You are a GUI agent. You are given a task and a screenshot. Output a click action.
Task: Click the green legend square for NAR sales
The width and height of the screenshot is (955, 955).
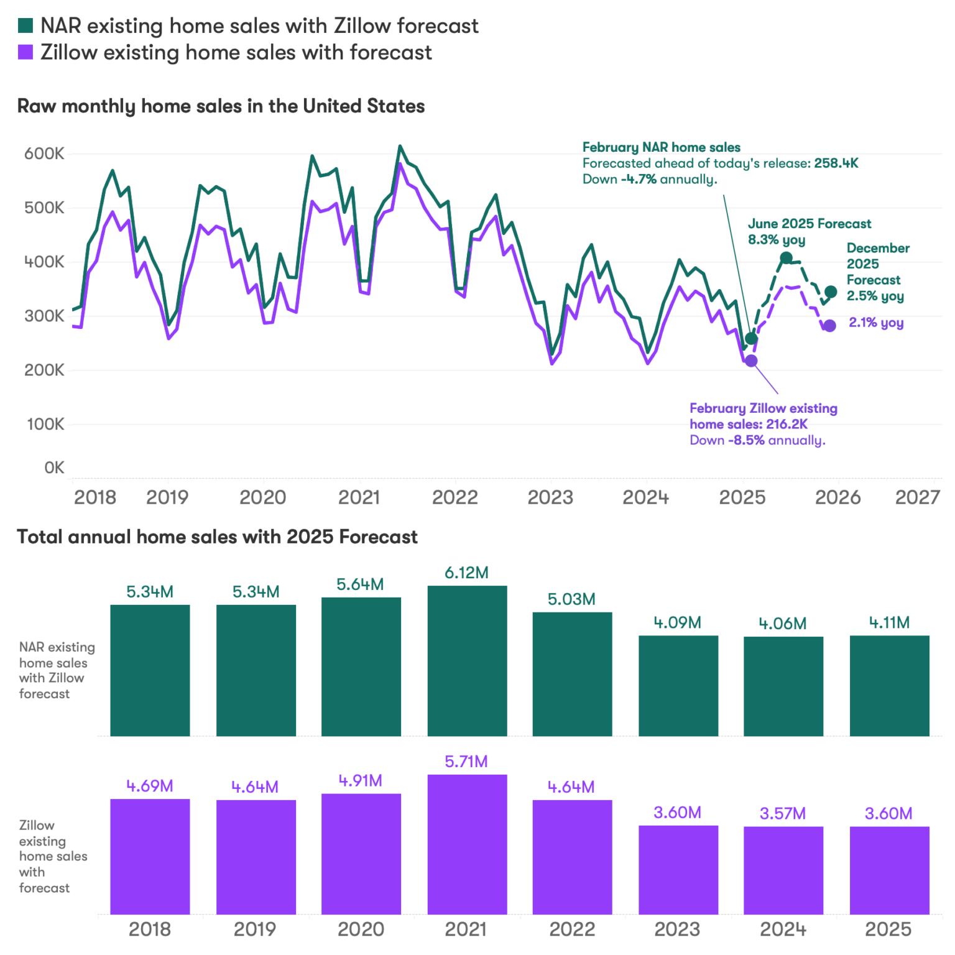pyautogui.click(x=25, y=25)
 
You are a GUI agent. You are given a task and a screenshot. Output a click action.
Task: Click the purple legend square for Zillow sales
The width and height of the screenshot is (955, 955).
pyautogui.click(x=25, y=52)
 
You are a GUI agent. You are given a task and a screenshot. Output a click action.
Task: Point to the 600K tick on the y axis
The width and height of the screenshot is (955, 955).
pyautogui.click(x=44, y=154)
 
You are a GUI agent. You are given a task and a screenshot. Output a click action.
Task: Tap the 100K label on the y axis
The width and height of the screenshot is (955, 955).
pyautogui.click(x=45, y=424)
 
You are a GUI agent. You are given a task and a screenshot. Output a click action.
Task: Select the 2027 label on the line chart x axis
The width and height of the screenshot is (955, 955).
pyautogui.click(x=916, y=497)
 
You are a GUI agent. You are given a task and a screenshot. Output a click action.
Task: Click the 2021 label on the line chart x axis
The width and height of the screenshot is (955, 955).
pyautogui.click(x=359, y=497)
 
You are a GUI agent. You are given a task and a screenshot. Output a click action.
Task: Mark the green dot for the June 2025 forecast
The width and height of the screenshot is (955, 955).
pyautogui.click(x=786, y=257)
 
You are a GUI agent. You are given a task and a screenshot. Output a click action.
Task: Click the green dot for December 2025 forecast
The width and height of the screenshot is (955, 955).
pyautogui.click(x=831, y=292)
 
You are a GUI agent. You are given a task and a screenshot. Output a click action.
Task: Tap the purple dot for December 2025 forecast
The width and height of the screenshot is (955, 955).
pyautogui.click(x=829, y=326)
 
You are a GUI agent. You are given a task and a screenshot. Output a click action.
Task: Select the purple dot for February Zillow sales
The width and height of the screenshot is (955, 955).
pyautogui.click(x=751, y=361)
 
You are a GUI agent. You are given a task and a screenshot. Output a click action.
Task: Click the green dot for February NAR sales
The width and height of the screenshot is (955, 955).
pyautogui.click(x=751, y=338)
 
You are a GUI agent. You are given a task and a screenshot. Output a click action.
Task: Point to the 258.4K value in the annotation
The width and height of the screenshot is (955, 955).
pyautogui.click(x=836, y=163)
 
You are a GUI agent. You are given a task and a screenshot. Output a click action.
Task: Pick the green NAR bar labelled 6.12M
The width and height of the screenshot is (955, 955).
pyautogui.click(x=467, y=660)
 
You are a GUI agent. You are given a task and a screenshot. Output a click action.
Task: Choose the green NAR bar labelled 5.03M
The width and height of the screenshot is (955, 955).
pyautogui.click(x=572, y=674)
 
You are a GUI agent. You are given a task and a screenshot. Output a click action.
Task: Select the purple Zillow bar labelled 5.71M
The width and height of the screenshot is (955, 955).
pyautogui.click(x=467, y=844)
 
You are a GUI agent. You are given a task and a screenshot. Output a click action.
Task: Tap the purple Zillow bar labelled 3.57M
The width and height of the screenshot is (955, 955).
pyautogui.click(x=783, y=870)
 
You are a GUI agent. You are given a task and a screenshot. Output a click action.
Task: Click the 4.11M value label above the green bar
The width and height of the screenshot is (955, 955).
pyautogui.click(x=889, y=622)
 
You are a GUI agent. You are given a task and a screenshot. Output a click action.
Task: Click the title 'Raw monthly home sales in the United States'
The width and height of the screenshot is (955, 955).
pyautogui.click(x=221, y=106)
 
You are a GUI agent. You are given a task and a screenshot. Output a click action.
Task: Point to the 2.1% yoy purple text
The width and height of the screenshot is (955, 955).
pyautogui.click(x=876, y=323)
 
